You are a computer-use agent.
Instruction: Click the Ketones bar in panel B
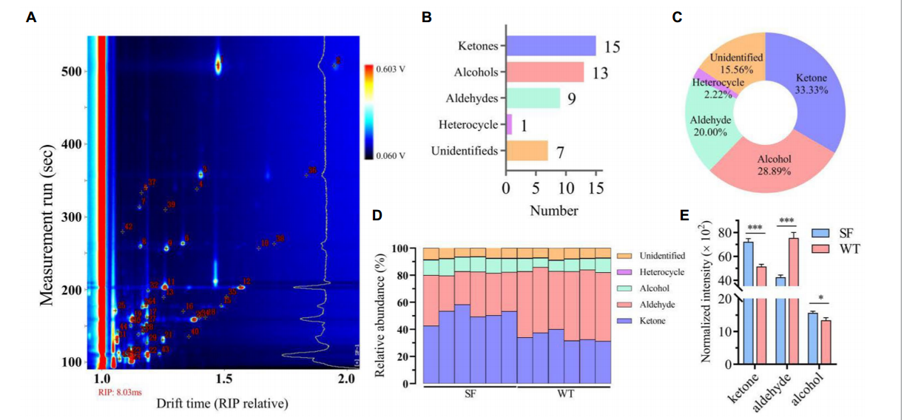coord(550,46)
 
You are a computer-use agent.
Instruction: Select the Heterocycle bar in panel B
coord(509,124)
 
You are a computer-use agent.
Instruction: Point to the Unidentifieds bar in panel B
coord(527,151)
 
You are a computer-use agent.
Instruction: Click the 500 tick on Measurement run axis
coord(70,72)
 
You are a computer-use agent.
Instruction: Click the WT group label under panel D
coord(564,393)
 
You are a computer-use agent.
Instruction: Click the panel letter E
coord(684,215)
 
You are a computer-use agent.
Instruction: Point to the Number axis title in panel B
coord(553,211)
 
